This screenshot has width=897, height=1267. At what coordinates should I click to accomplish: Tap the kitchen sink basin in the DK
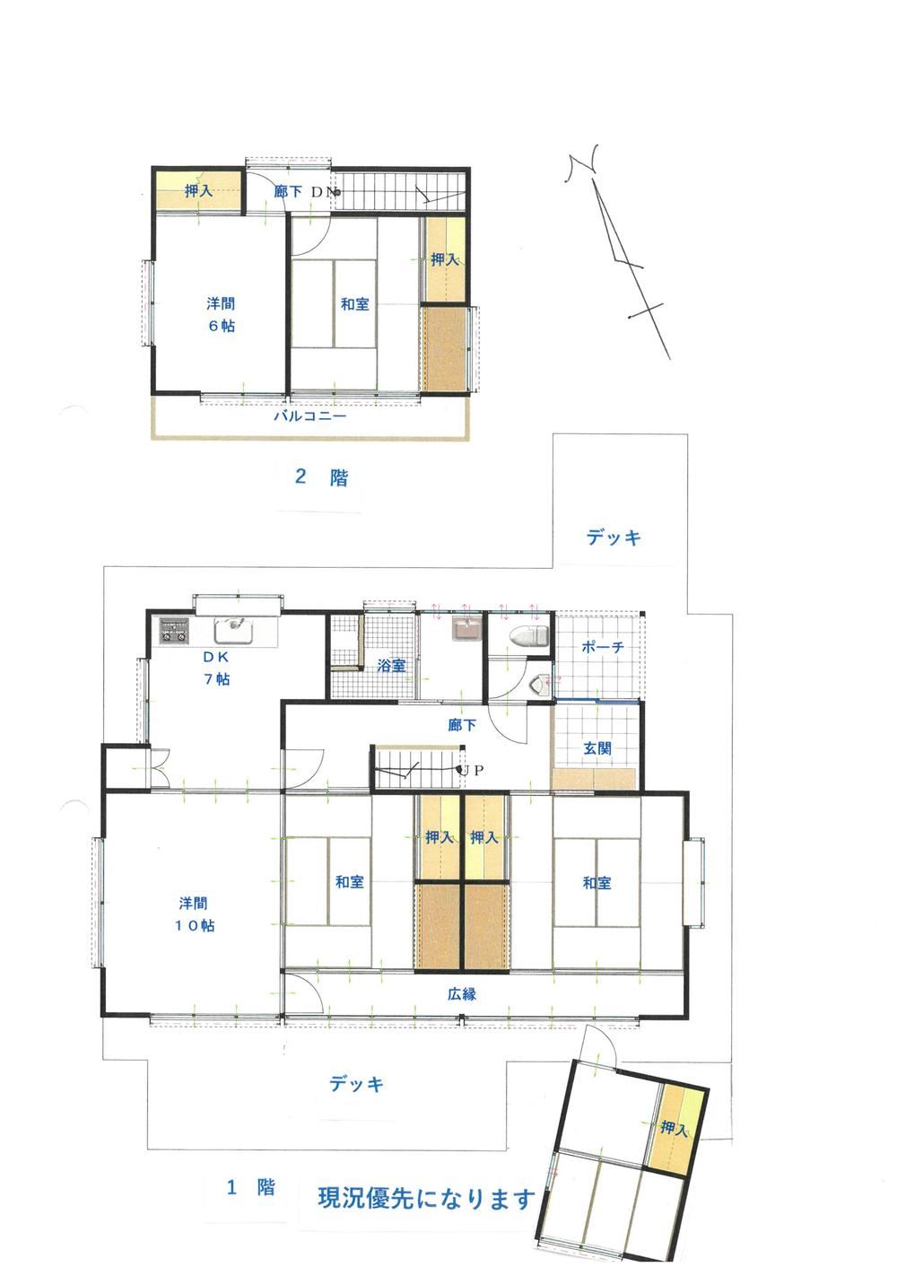233,630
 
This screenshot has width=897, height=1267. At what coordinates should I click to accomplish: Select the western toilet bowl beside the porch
529,635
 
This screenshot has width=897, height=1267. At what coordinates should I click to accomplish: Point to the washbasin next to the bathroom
466,629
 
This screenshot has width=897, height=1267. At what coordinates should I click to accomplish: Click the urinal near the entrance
541,686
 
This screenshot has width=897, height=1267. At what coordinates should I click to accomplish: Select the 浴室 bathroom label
391,666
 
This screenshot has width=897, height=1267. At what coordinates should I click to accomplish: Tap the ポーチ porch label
603,646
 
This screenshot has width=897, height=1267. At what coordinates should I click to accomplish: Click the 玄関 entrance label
597,748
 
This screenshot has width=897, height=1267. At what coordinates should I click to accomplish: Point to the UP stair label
473,770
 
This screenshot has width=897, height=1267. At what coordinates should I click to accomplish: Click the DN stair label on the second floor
324,192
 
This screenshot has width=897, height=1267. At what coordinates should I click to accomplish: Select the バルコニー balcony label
310,417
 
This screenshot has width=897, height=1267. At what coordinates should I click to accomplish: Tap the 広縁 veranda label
462,994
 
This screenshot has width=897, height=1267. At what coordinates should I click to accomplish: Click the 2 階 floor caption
321,477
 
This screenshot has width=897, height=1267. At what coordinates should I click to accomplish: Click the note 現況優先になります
426,1197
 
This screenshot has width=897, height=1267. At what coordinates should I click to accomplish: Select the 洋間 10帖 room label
196,914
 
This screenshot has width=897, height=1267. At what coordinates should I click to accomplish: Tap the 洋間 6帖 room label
221,314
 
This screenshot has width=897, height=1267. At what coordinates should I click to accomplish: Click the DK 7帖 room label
216,668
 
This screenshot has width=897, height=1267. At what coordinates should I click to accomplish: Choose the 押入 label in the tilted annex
675,1128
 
